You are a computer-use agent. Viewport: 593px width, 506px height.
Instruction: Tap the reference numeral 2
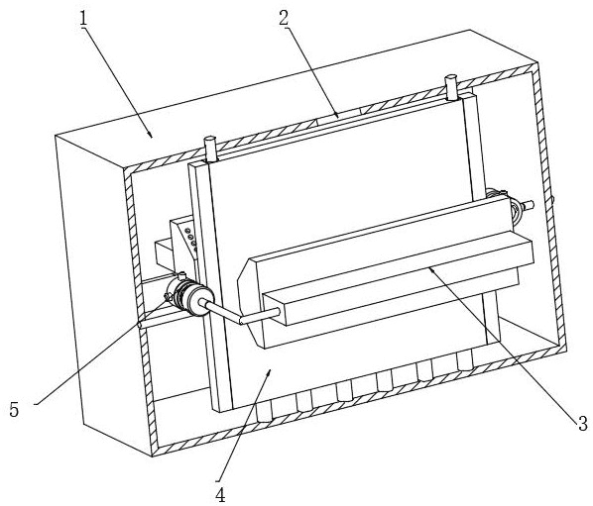tap(285, 18)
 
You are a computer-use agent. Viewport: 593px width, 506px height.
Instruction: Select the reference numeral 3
tap(582, 423)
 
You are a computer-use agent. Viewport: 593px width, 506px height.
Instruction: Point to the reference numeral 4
tap(220, 494)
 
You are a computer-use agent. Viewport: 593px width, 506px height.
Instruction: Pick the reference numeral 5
tap(14, 409)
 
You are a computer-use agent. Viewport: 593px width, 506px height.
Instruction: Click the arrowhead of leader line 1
tap(151, 135)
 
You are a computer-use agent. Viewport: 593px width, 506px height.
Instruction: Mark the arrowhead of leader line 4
tap(269, 373)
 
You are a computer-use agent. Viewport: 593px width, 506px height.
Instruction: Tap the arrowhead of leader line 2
tap(336, 115)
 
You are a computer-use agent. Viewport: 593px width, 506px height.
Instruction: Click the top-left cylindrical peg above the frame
tap(209, 150)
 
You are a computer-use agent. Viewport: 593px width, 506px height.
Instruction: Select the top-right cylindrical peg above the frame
tap(451, 87)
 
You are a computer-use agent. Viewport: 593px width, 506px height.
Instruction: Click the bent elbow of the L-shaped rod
tap(242, 321)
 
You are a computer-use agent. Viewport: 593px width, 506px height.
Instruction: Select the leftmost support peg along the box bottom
tap(264, 412)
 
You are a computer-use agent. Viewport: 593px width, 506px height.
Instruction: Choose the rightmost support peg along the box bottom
tap(465, 360)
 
